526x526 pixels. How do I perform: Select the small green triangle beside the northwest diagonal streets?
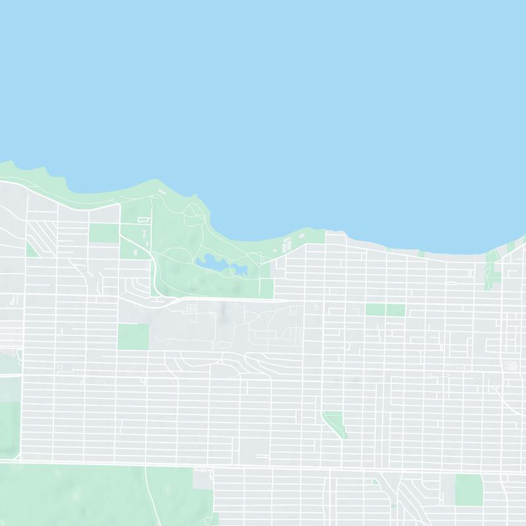point(31,249)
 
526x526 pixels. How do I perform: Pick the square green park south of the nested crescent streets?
point(133,336)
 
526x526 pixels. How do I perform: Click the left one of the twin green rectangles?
point(375,310)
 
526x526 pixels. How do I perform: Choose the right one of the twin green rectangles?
point(396,310)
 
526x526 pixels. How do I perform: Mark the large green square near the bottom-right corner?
point(469,490)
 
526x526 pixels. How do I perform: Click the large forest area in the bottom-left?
point(79,496)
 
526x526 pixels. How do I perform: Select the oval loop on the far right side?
point(510,366)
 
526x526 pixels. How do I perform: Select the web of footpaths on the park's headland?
point(194,214)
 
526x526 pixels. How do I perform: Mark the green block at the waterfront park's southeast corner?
point(266,287)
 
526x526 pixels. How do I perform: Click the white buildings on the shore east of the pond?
point(287,245)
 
